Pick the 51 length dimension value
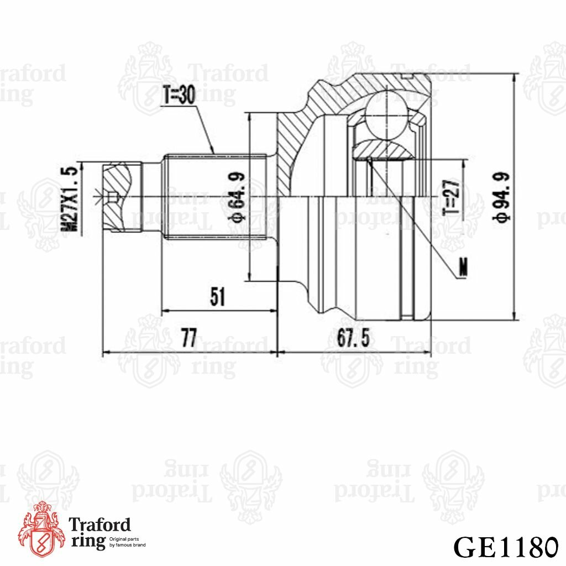(x=218, y=297)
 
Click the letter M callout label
(x=463, y=268)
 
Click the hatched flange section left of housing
(x=290, y=155)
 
